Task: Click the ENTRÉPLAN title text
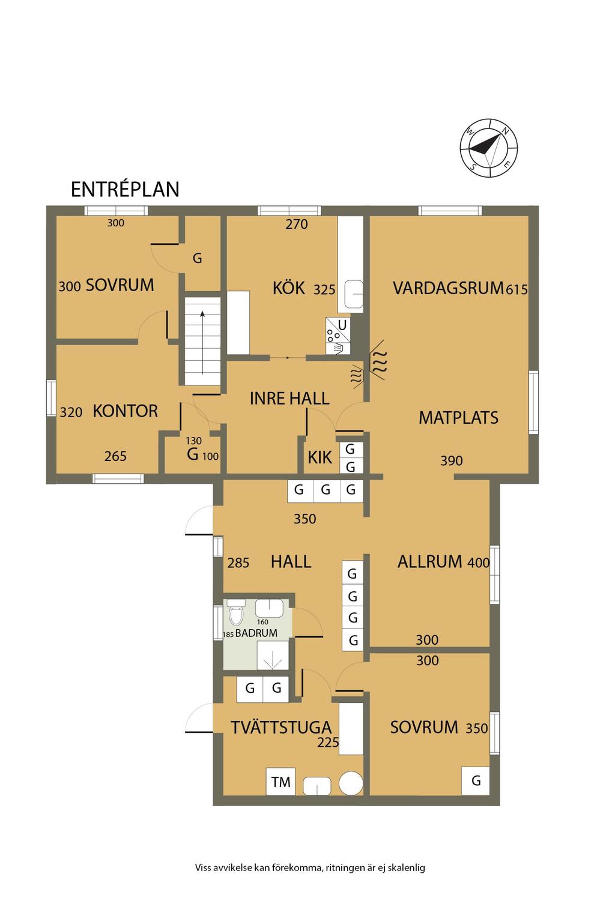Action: click(125, 189)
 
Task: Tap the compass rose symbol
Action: click(488, 149)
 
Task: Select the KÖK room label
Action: click(289, 288)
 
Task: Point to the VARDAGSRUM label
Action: click(448, 288)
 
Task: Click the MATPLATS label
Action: click(458, 418)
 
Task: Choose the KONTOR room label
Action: click(126, 411)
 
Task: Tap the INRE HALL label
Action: click(289, 399)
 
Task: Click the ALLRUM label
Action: click(429, 562)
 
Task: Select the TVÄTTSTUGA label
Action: click(281, 727)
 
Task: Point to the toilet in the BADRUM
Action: click(236, 616)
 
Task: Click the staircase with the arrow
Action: click(202, 341)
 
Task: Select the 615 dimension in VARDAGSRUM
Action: click(517, 290)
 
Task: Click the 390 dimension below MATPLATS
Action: click(452, 460)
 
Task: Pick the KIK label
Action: click(320, 457)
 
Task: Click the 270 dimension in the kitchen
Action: click(297, 224)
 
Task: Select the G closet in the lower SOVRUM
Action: click(475, 781)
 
